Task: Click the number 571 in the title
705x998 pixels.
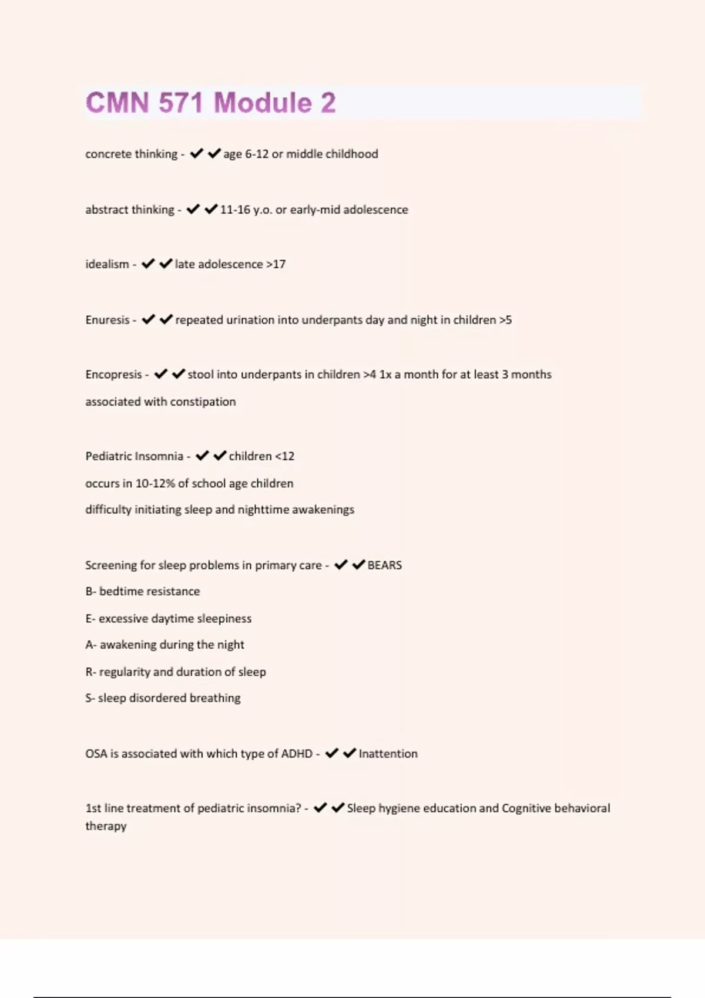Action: click(x=180, y=103)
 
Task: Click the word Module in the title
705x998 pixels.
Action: click(x=263, y=103)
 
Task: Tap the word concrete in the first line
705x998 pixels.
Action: click(x=108, y=154)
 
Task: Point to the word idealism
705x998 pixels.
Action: click(x=107, y=264)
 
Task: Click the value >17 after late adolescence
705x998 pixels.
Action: click(x=276, y=264)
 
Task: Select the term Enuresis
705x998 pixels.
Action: click(x=107, y=320)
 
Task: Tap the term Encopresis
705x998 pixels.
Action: click(x=113, y=375)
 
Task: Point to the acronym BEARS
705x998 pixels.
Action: click(x=384, y=565)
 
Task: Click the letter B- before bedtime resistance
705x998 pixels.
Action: click(x=90, y=591)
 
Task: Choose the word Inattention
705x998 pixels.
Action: click(x=388, y=754)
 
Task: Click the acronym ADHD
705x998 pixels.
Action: click(x=297, y=754)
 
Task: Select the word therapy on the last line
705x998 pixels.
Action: click(x=106, y=826)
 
